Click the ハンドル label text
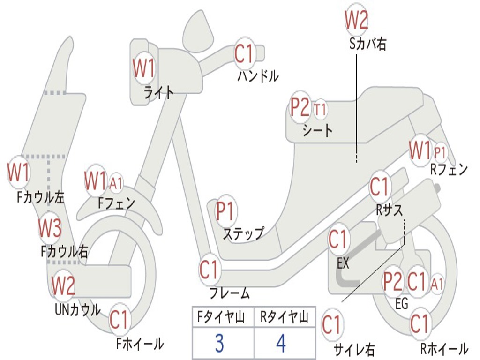click(x=258, y=75)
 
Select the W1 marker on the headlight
click(x=143, y=69)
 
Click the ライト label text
click(x=158, y=92)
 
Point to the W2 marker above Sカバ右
click(x=356, y=20)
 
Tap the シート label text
click(x=318, y=130)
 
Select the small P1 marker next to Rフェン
click(x=440, y=152)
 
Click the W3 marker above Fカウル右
click(x=50, y=228)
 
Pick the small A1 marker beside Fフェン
click(x=115, y=183)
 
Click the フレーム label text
click(x=229, y=294)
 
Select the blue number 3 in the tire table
click(x=219, y=344)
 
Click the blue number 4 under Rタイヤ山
click(x=281, y=344)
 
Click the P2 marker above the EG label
click(x=393, y=281)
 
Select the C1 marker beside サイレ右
click(x=332, y=325)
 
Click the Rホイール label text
click(x=443, y=348)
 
